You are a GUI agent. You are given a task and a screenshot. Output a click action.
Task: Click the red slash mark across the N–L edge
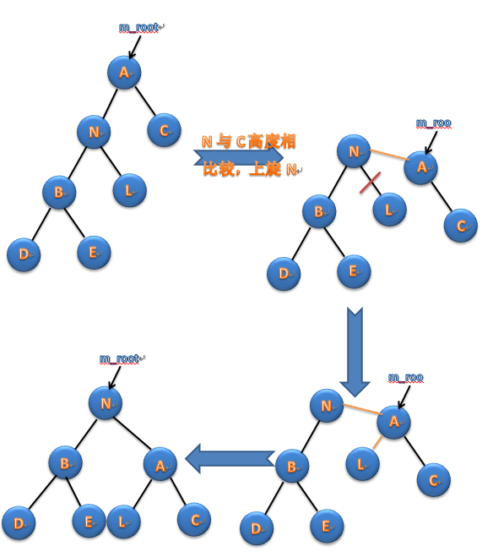click(x=370, y=183)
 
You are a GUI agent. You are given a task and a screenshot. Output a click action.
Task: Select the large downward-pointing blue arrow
click(x=355, y=352)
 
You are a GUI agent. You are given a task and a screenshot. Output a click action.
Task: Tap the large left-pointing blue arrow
click(x=230, y=459)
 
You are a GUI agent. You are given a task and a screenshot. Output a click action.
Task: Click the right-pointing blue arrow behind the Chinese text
click(x=239, y=156)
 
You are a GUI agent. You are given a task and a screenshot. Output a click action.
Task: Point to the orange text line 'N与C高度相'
click(x=248, y=141)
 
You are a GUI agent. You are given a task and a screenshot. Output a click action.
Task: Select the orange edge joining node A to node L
click(x=377, y=442)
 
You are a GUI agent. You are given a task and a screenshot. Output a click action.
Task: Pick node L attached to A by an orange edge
click(x=362, y=464)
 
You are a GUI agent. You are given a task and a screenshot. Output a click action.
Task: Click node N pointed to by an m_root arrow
click(x=106, y=402)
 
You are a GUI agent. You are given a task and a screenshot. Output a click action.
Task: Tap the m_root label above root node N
click(x=120, y=358)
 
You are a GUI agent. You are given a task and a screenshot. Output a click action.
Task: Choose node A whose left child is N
click(x=124, y=72)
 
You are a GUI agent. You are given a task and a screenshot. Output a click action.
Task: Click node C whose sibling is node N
click(x=164, y=130)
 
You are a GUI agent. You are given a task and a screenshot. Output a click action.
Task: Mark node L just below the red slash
click(x=389, y=210)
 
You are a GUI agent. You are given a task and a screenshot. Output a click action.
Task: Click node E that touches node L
click(x=89, y=521)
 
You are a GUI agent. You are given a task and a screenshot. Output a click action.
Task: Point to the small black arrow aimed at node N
click(x=115, y=378)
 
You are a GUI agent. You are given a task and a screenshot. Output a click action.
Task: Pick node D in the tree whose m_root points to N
click(x=19, y=523)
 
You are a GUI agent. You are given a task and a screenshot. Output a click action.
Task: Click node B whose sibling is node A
click(x=65, y=462)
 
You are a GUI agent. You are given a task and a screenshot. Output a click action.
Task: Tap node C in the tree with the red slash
click(x=461, y=226)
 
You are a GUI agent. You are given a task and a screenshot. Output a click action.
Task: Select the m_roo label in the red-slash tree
click(x=434, y=123)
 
